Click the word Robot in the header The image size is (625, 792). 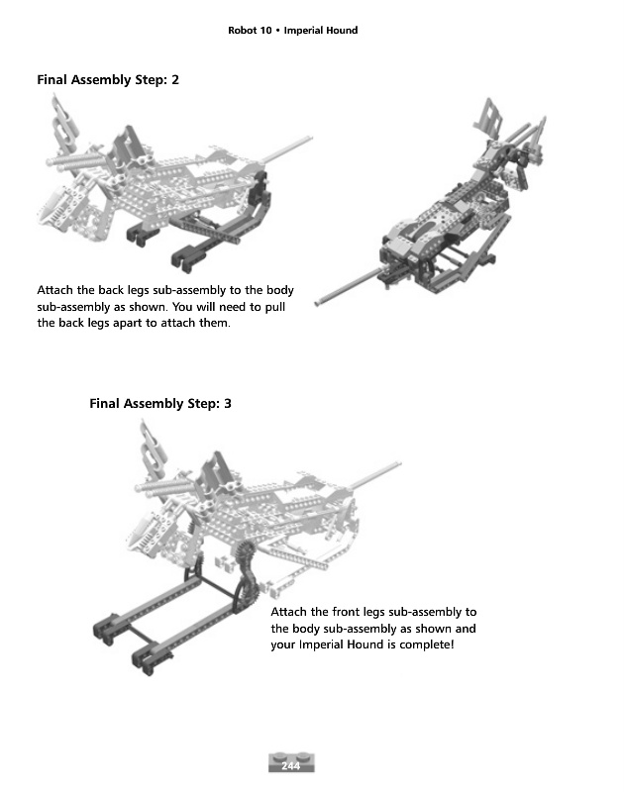(243, 31)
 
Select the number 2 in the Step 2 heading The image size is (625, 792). (174, 80)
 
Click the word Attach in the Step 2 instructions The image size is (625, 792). (54, 290)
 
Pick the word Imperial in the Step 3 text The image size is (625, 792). (325, 645)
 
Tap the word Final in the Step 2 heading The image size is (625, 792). (53, 80)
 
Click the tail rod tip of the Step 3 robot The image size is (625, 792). (400, 462)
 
